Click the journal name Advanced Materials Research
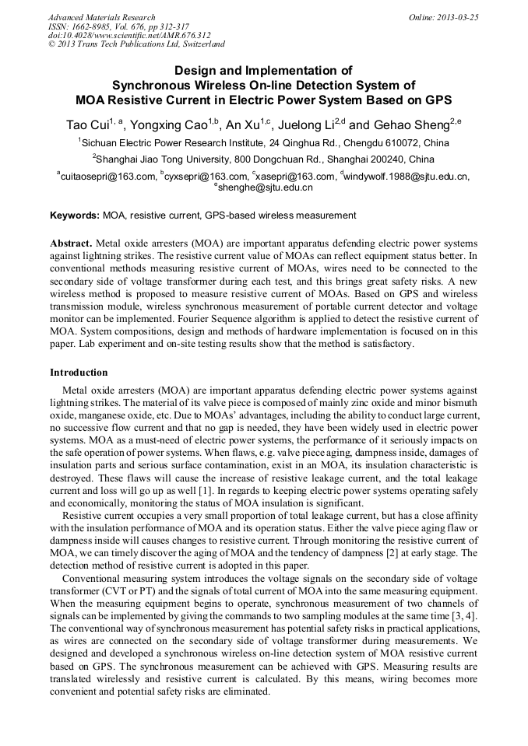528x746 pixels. coord(101,17)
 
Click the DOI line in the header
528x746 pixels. coord(128,36)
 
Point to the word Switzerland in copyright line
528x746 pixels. coord(198,45)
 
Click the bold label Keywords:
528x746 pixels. coord(75,215)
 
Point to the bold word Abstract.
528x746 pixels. coord(72,243)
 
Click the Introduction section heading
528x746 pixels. coord(79,373)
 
